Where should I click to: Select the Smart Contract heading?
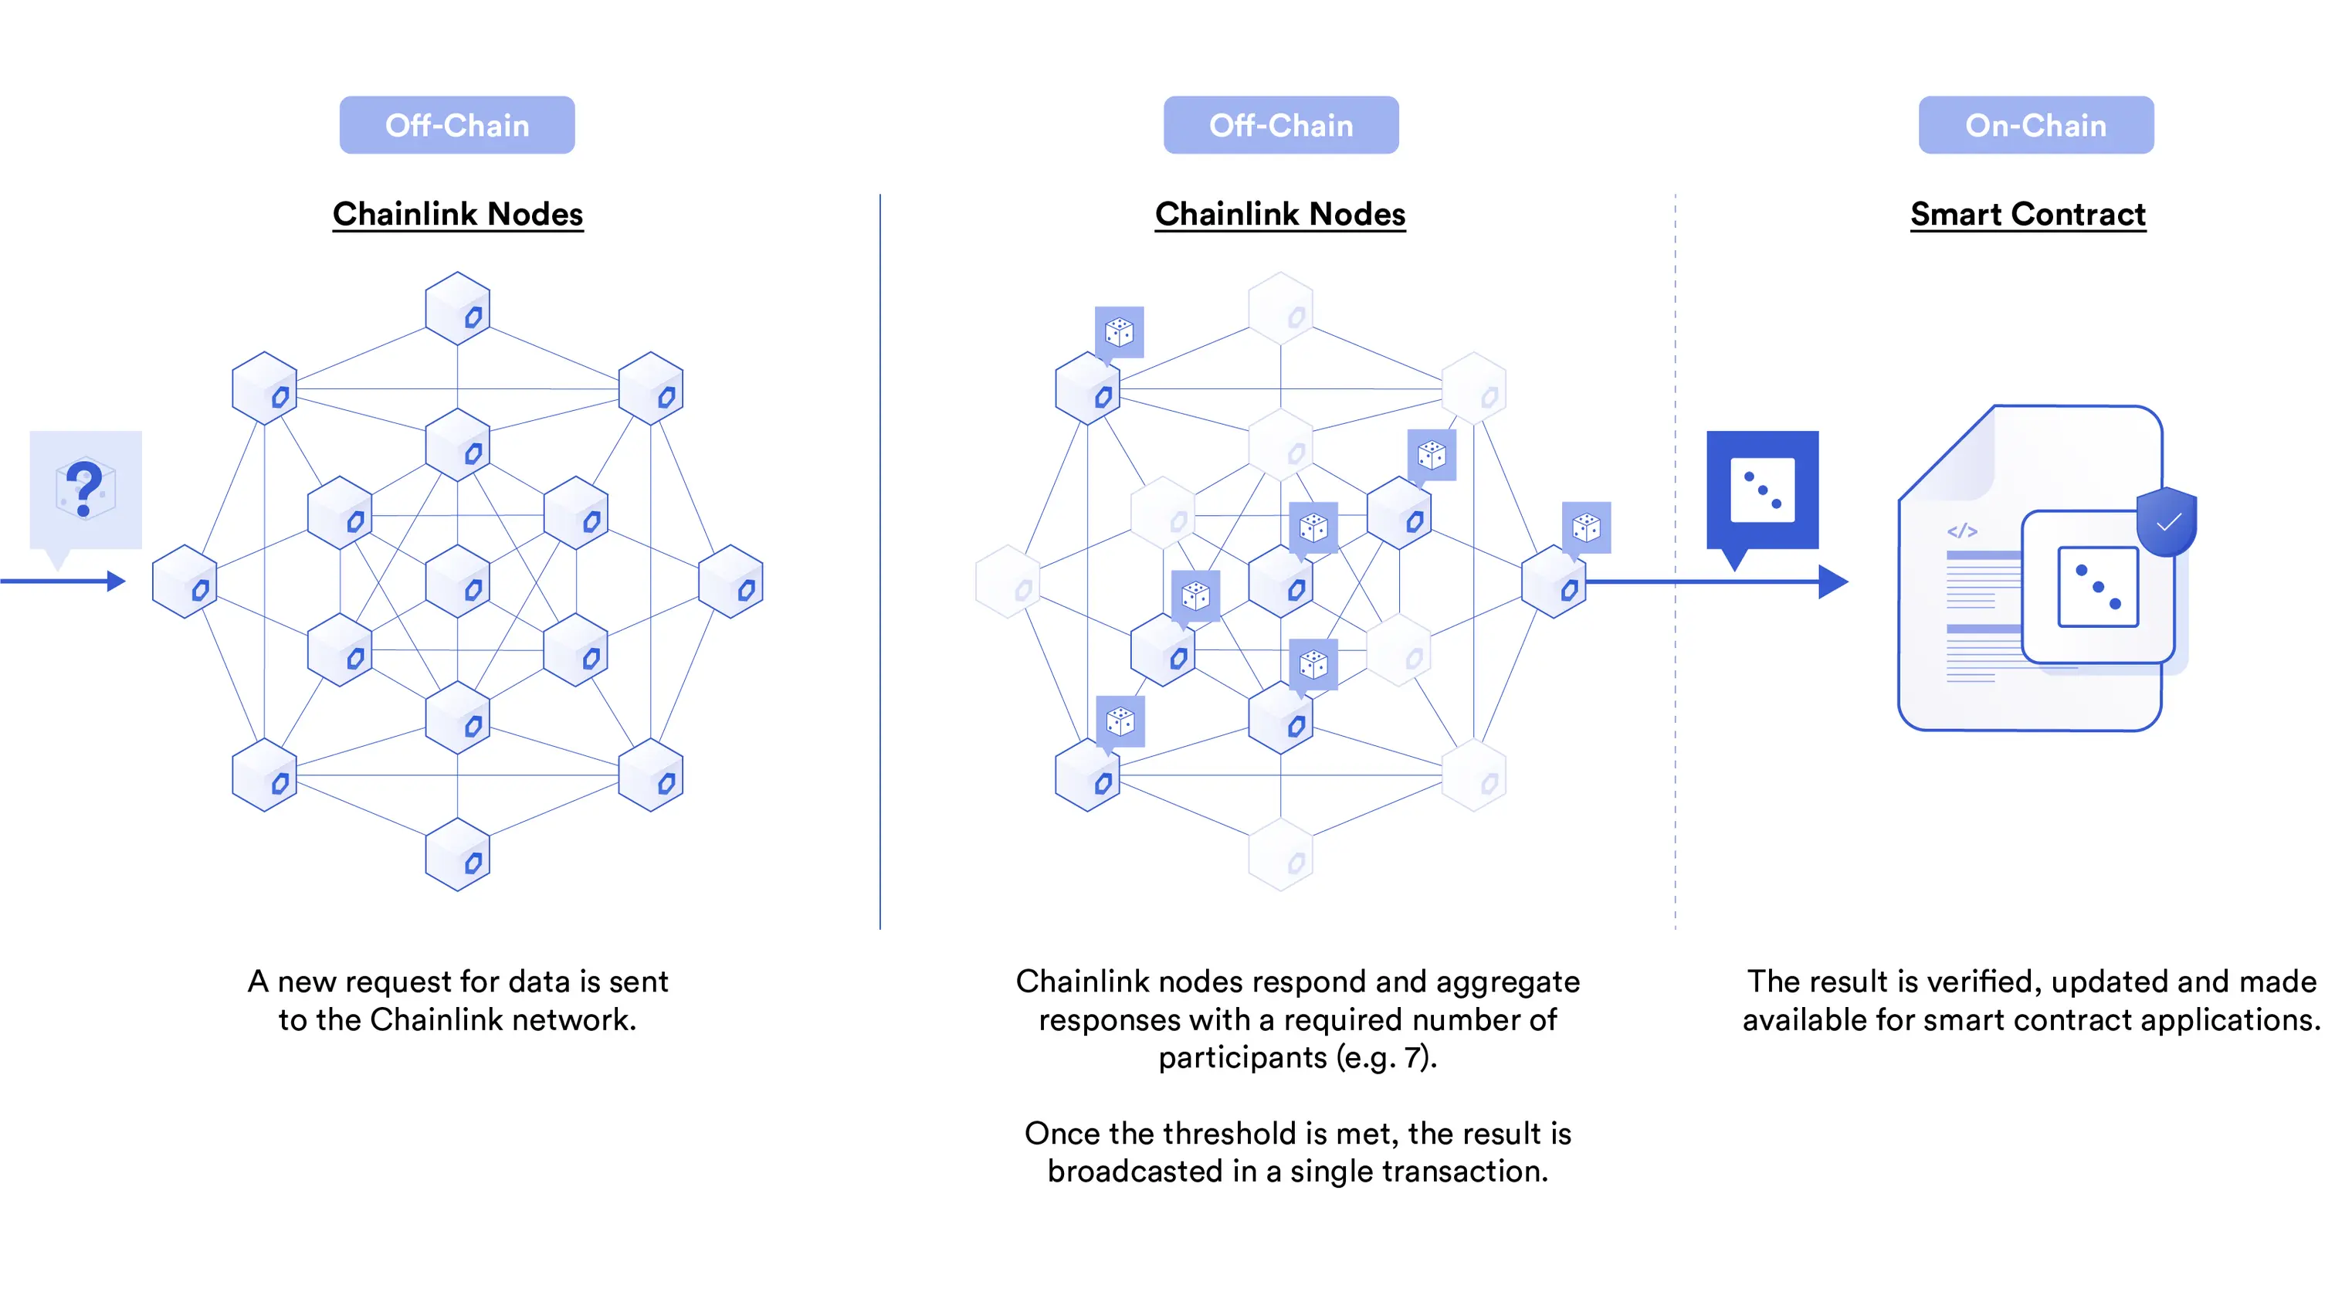coord(2027,214)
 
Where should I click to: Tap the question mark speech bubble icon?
coord(85,490)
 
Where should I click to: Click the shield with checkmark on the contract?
coord(2167,521)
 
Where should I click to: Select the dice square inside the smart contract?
coord(2097,586)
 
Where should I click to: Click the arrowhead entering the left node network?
coord(116,581)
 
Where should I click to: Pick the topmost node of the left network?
coord(458,308)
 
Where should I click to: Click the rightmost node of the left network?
coord(730,582)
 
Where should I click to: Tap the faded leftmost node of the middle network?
coord(1007,582)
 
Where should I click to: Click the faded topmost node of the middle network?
coord(1280,308)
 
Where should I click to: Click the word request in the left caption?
coord(398,982)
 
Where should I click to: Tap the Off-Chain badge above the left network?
coord(457,125)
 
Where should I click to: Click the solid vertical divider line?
coord(879,562)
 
